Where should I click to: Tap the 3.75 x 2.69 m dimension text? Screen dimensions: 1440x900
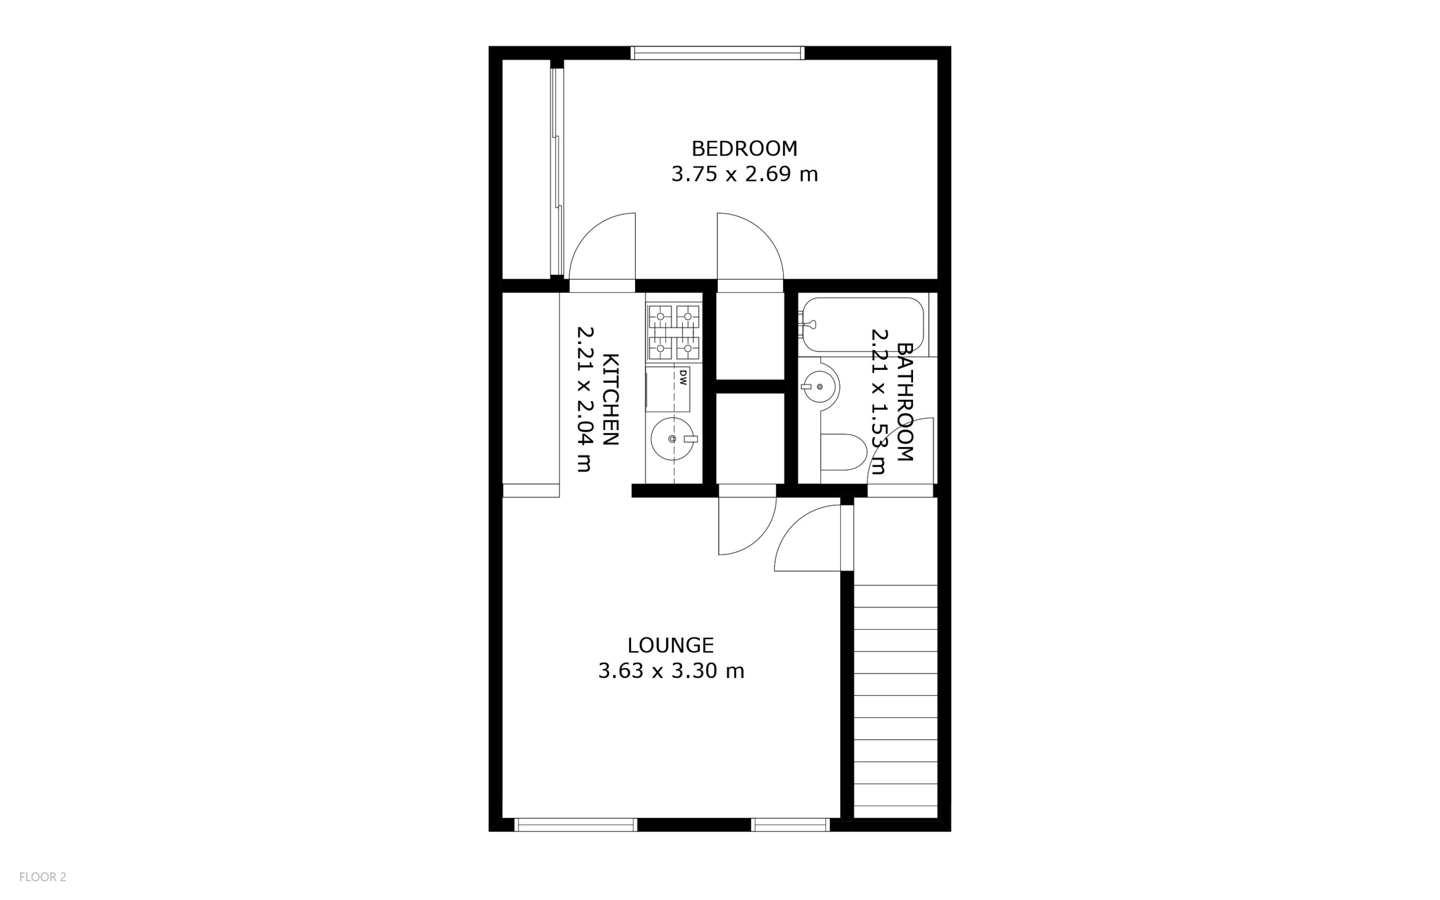pos(744,174)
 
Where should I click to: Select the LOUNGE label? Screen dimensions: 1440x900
pos(670,645)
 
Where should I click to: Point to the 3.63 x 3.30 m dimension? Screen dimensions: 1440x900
pos(671,671)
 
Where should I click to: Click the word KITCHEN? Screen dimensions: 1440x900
pos(611,399)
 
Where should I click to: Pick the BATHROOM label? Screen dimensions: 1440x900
pos(904,402)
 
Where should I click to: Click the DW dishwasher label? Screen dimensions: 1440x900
pos(683,377)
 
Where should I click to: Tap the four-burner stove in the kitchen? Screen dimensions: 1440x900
pos(673,332)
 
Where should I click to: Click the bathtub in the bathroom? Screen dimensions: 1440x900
pos(863,325)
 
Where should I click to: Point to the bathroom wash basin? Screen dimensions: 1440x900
pos(820,387)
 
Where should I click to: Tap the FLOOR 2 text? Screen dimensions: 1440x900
pos(43,877)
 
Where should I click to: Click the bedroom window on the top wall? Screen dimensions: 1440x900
pos(718,53)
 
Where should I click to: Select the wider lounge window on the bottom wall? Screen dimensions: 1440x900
pos(575,825)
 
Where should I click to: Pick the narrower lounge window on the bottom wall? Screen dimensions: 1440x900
pos(790,825)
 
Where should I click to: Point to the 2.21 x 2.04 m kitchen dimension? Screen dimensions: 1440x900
pos(585,399)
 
